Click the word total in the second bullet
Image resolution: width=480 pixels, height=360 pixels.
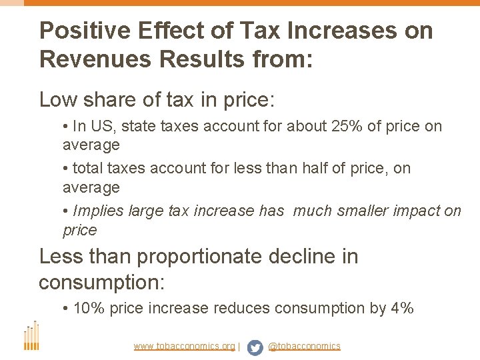(89, 168)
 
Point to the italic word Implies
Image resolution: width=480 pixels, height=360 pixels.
(97, 211)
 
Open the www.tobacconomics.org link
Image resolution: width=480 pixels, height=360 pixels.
(184, 347)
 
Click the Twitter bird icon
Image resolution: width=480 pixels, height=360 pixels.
(255, 347)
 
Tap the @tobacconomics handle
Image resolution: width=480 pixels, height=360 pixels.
(304, 347)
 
